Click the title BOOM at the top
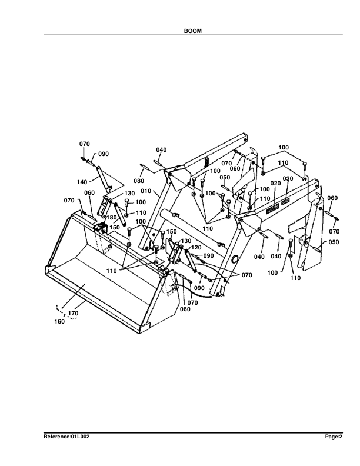pos(193,31)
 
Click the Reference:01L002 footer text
pos(66,437)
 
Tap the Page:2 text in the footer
pos(334,437)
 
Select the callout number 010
pos(146,191)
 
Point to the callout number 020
pos(275,184)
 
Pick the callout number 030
pos(288,179)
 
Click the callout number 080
pos(139,181)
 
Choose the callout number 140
pos(83,182)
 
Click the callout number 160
pos(59,322)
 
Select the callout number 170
pos(73,314)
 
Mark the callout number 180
pos(111,218)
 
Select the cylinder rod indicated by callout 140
pos(102,177)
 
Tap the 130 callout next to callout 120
pos(186,241)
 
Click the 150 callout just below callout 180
pos(115,227)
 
